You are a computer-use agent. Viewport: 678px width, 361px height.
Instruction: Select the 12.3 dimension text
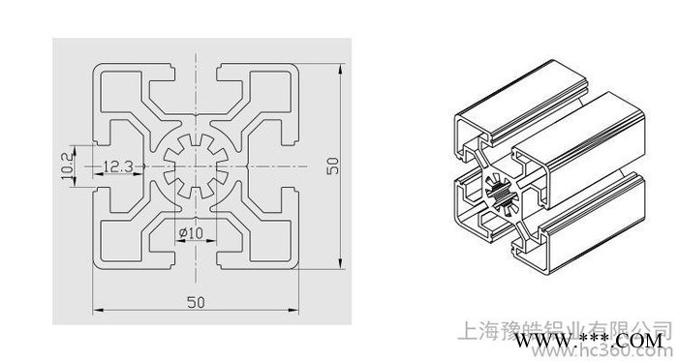pos(116,166)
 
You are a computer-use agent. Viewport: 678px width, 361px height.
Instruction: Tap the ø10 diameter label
pos(191,232)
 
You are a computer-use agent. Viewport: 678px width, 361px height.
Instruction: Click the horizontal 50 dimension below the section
pos(195,303)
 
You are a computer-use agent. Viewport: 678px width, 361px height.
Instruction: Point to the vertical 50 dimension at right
pos(332,166)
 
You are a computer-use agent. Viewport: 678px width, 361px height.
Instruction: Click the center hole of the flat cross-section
pos(194,166)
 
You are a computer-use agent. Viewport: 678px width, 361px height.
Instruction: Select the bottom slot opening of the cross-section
pos(194,263)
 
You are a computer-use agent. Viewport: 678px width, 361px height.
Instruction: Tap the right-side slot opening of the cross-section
pos(291,166)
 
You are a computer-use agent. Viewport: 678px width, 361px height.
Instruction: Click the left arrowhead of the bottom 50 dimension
pos(98,311)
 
